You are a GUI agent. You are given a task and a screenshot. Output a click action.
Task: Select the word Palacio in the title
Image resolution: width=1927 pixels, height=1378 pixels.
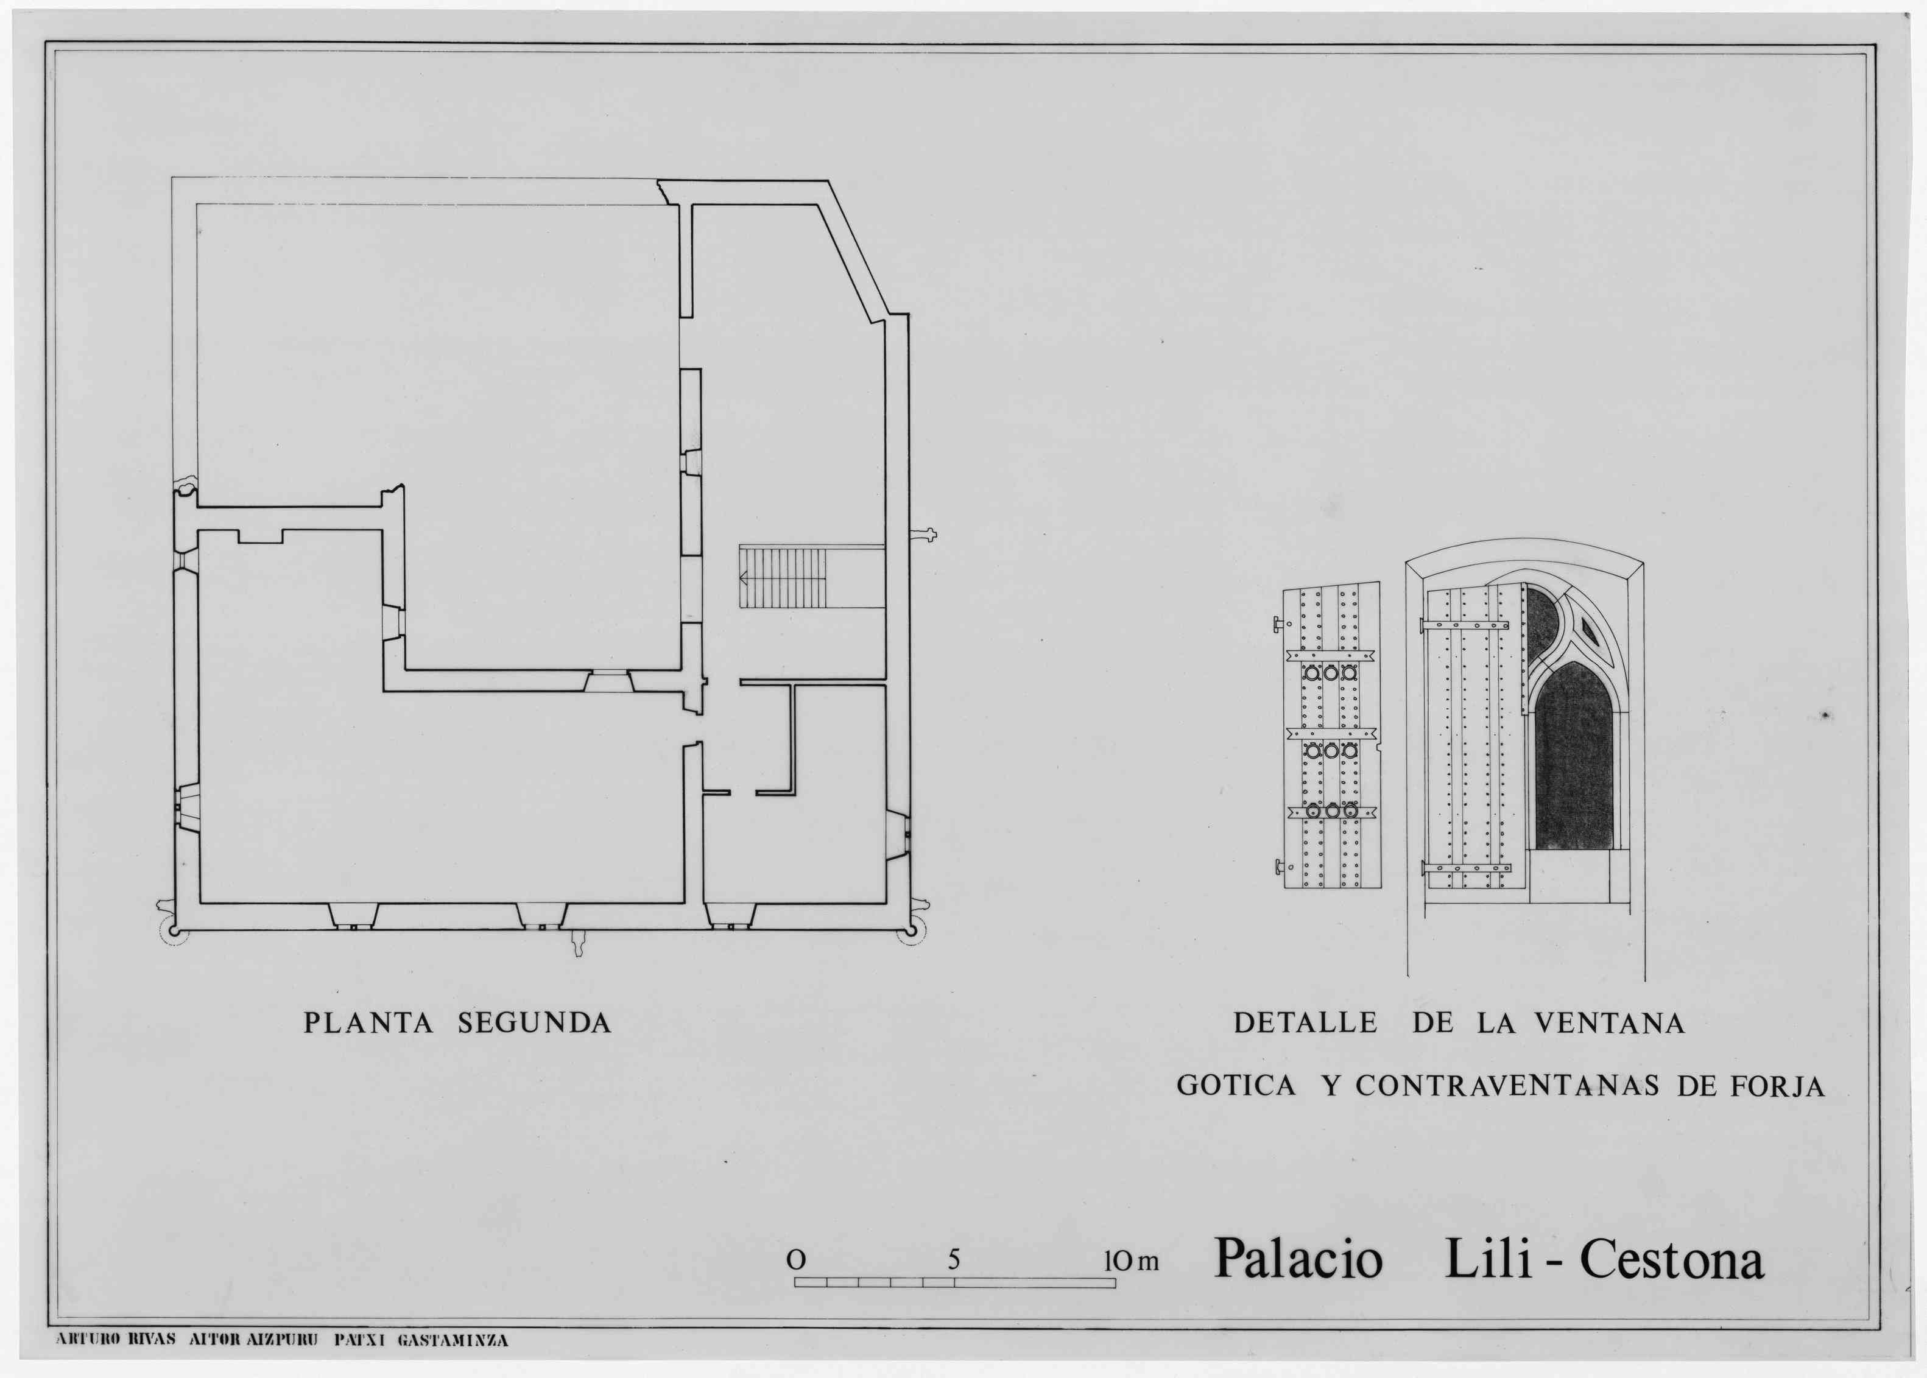coord(1299,1259)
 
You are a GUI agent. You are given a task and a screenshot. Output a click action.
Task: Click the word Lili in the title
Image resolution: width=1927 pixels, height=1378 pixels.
coord(1488,1259)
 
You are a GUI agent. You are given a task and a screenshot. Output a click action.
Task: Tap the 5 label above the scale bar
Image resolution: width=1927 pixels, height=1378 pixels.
coord(954,1260)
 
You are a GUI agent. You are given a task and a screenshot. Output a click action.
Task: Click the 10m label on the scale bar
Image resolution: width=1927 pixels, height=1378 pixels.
coord(1130,1261)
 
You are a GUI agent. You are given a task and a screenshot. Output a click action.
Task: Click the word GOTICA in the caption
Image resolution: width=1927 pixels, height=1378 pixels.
coord(1236,1086)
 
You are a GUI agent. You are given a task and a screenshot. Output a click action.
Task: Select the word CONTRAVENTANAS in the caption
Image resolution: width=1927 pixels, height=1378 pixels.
coord(1507,1086)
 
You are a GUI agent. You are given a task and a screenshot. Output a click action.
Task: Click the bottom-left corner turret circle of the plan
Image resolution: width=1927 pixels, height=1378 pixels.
coord(173,931)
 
